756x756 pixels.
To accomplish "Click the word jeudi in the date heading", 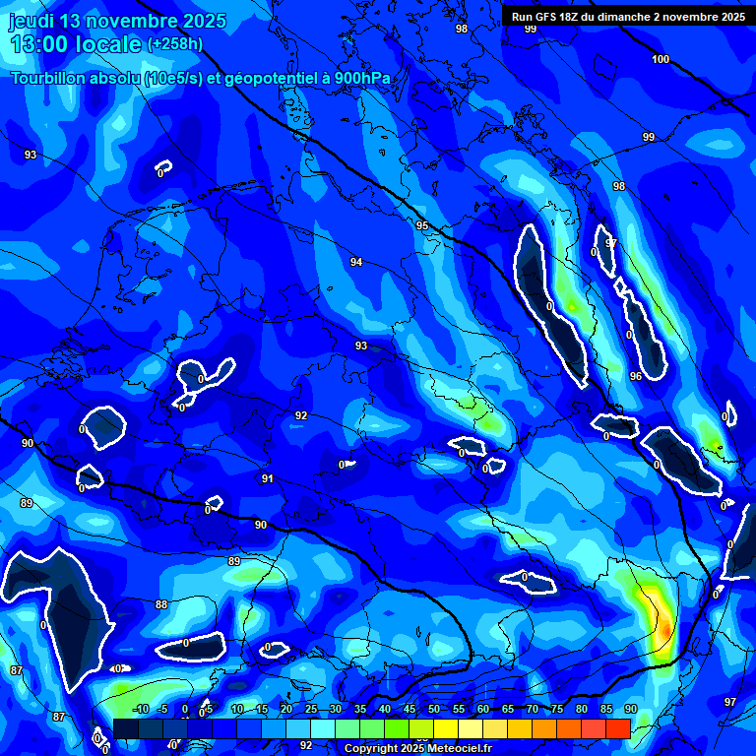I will point(31,21).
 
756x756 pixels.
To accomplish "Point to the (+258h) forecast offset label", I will point(175,44).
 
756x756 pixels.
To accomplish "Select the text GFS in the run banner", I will point(552,17).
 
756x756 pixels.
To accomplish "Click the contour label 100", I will point(661,59).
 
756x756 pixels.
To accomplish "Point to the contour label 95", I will point(422,226).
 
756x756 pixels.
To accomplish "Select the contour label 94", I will point(356,262).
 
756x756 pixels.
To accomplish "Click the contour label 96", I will point(636,376).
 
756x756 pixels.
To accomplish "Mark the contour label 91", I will point(267,478).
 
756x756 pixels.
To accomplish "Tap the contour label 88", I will point(161,604).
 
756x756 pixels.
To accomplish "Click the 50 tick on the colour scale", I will point(434,710).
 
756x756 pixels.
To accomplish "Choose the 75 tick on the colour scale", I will point(557,710).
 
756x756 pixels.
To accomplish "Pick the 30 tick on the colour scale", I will point(336,710).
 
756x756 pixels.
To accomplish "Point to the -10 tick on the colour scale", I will point(139,710).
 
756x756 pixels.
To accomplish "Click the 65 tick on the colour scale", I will point(508,710).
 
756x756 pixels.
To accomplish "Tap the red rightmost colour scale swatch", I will point(618,728).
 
